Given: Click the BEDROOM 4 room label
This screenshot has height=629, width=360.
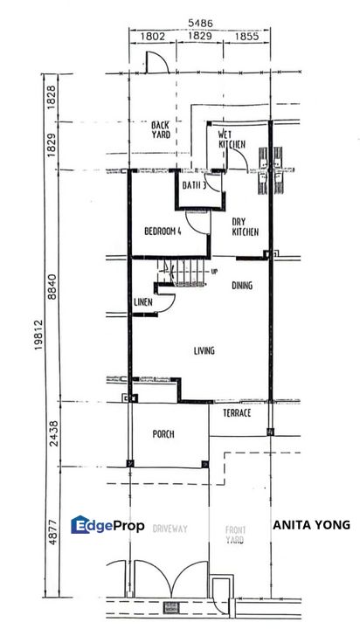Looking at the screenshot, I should [163, 232].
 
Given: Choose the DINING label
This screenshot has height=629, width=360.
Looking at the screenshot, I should [242, 286].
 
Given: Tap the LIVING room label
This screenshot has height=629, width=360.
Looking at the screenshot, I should [204, 351].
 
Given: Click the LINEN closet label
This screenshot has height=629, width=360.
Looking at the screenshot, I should [144, 302].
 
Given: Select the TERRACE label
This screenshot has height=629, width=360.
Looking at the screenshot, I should [237, 412].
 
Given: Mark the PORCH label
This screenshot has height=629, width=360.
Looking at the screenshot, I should [164, 434].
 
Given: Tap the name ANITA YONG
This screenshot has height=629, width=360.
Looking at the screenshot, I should [311, 525].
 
